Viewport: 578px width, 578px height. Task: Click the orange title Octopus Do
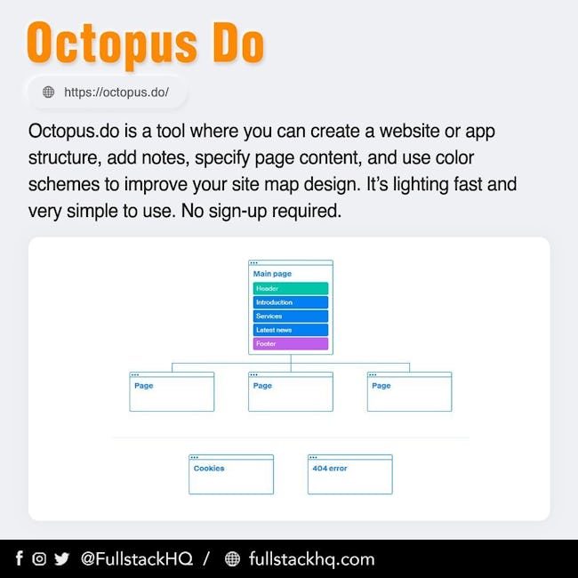[146, 44]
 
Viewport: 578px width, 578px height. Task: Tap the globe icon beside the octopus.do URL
[48, 92]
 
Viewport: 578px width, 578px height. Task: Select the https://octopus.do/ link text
[116, 92]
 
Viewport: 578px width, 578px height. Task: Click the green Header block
[291, 288]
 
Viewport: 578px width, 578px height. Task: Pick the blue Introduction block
[291, 302]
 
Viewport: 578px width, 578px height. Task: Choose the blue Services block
[291, 317]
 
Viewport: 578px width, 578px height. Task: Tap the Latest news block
[291, 330]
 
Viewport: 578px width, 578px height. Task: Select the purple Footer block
[291, 343]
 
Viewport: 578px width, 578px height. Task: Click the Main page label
[272, 274]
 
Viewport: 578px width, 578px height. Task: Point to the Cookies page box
[231, 474]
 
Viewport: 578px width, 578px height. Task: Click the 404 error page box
[350, 474]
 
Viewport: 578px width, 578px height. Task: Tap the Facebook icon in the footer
[20, 558]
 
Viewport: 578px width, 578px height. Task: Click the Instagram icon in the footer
[39, 558]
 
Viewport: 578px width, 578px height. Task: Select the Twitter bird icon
[62, 558]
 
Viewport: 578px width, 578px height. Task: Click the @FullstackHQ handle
[137, 558]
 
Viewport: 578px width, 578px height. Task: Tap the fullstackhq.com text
[312, 559]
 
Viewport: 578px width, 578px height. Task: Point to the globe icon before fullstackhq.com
[232, 558]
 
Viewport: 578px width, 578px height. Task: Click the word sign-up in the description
[224, 212]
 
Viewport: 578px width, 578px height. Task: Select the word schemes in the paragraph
[64, 184]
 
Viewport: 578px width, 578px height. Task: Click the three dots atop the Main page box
[253, 263]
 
